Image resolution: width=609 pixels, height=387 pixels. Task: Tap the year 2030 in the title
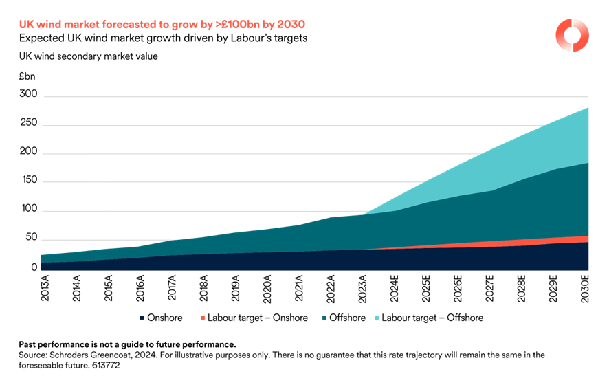(291, 25)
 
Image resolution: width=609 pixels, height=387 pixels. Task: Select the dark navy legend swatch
(142, 318)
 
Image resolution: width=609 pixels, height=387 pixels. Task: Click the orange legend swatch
(203, 318)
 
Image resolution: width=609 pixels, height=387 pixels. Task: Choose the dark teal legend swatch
(323, 318)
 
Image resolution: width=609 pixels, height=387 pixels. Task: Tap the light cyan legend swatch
(377, 318)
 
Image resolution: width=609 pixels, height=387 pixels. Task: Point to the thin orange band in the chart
(536, 241)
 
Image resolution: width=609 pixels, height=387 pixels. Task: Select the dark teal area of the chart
(412, 227)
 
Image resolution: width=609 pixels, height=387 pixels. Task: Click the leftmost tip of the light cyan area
(364, 214)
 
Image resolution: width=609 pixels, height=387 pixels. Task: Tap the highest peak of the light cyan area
(588, 108)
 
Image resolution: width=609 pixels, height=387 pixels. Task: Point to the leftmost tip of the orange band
(375, 249)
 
